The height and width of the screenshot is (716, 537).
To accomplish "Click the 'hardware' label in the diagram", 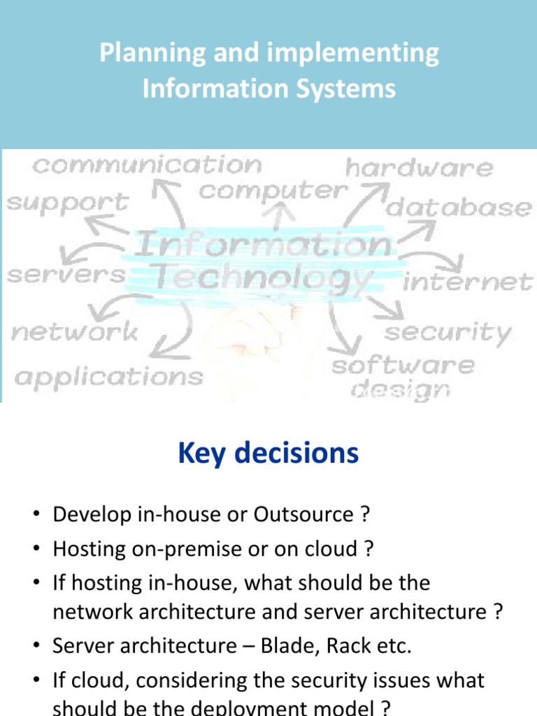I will point(419,168).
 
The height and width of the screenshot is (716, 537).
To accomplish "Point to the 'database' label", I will point(459,207).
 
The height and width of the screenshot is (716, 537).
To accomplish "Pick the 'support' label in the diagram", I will point(68,203).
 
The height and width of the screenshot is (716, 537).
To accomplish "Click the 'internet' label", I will point(468,282).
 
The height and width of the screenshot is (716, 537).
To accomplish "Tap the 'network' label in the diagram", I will point(75,331).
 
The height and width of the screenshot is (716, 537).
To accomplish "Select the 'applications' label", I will point(109,378).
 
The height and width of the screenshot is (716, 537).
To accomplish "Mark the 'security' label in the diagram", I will point(448,332).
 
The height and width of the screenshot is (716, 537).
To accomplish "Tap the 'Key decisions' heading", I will point(268,454).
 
